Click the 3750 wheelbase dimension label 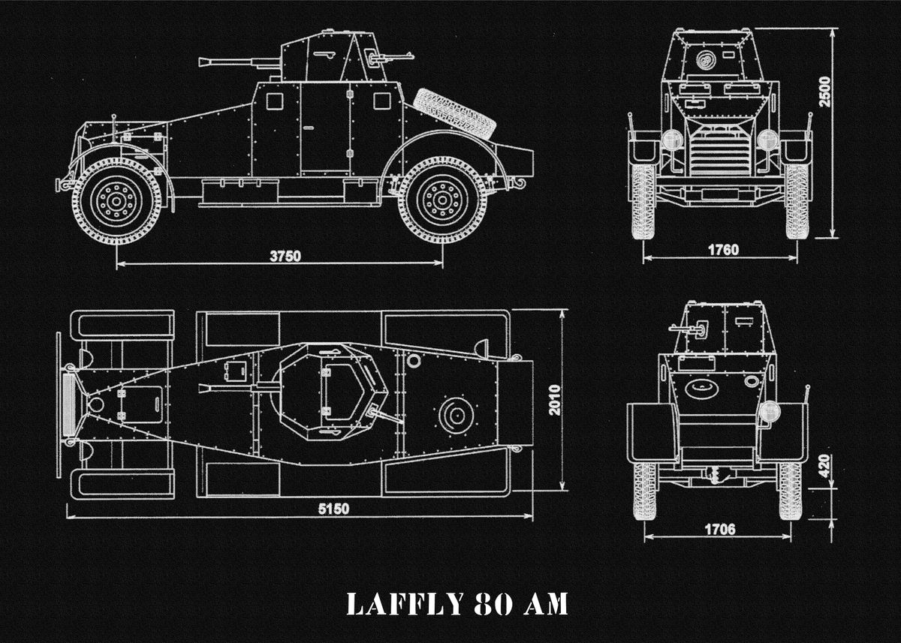[x=285, y=255]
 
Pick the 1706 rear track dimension [x=719, y=529]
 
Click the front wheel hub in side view [x=116, y=200]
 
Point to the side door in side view [x=325, y=129]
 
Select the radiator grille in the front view [x=719, y=150]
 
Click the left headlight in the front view [x=672, y=140]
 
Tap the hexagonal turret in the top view [x=329, y=392]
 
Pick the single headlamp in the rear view [x=769, y=410]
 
